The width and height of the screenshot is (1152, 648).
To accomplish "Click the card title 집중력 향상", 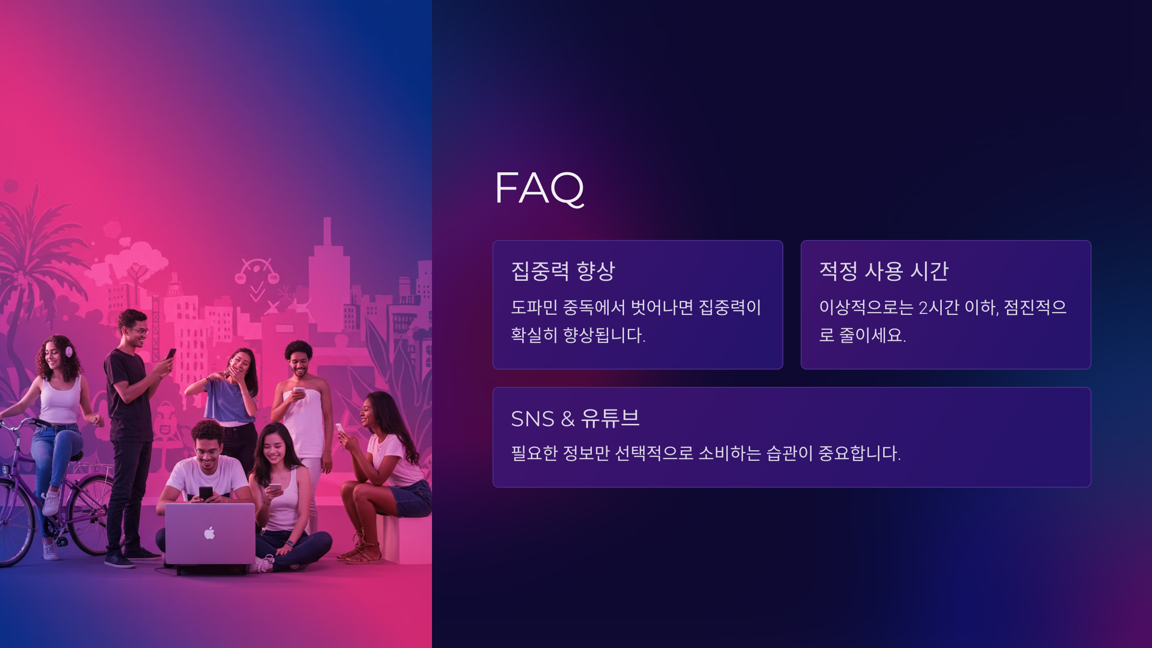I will pos(563,271).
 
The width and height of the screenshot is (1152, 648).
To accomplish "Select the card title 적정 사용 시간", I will pos(884,271).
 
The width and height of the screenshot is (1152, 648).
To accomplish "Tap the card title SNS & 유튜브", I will pos(575,419).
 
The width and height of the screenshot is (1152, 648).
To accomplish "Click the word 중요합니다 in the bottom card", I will pos(859,453).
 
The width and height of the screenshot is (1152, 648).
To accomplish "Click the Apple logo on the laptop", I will pos(210,533).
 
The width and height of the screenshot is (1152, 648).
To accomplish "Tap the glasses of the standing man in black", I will pos(139,331).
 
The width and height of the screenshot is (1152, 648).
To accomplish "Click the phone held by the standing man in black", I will pos(171,354).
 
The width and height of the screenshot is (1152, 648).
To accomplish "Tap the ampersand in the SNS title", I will pos(567,419).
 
